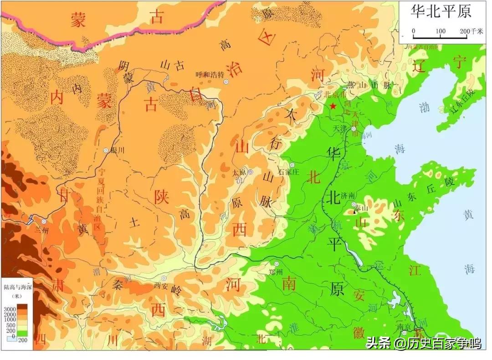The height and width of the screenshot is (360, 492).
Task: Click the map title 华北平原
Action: click(x=441, y=10)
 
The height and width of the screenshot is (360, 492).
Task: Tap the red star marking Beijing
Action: click(x=333, y=106)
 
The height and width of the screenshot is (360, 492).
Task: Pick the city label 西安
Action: click(x=161, y=285)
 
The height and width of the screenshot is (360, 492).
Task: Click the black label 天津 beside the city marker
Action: click(x=340, y=128)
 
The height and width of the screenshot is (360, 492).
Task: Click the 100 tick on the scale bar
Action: click(x=440, y=31)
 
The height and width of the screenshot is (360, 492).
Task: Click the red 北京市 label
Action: click(x=335, y=95)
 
